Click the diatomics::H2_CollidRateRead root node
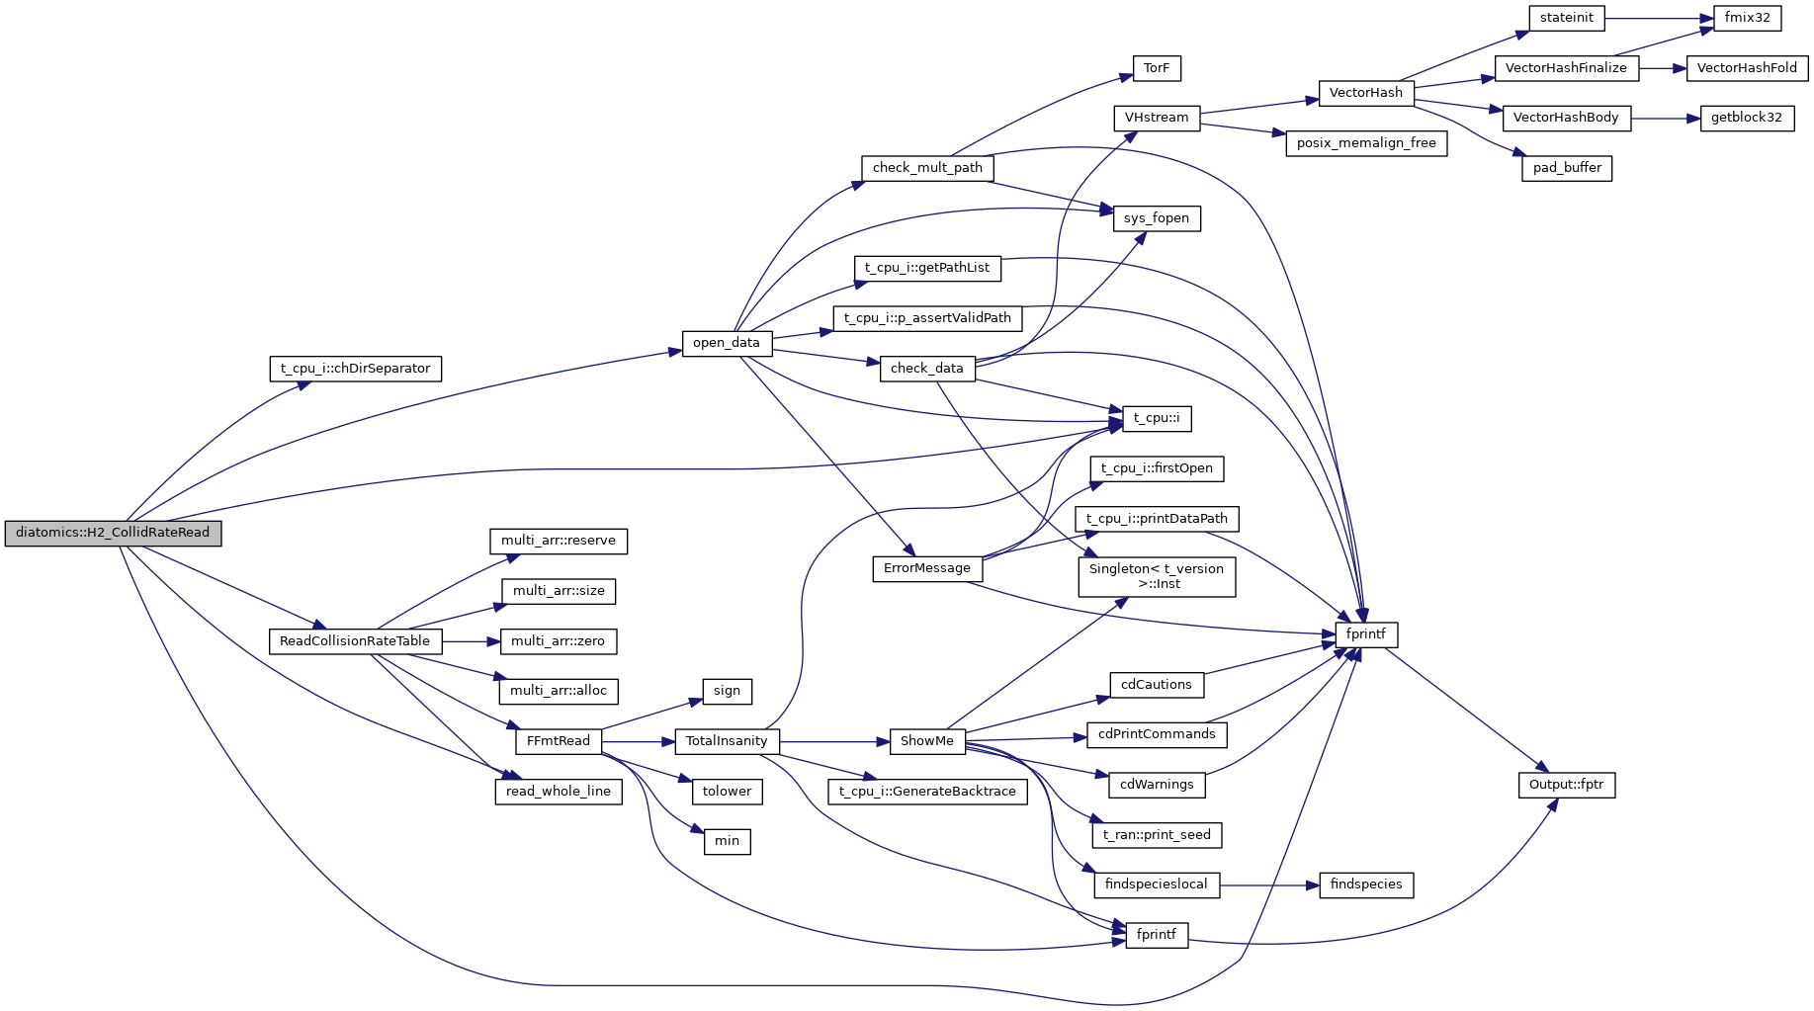[x=113, y=533]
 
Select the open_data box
[x=726, y=343]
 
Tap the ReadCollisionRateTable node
[x=355, y=641]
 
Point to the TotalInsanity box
[x=727, y=741]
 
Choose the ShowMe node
[x=927, y=741]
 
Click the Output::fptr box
[x=1566, y=786]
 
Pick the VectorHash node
[x=1365, y=93]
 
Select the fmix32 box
[x=1747, y=18]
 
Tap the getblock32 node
[x=1746, y=118]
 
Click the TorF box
[x=1157, y=68]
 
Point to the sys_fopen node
[x=1157, y=218]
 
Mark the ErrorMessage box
[x=927, y=568]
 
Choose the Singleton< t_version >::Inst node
[x=1157, y=576]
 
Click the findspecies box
[x=1366, y=885]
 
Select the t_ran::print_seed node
[x=1157, y=835]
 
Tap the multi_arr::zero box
[x=558, y=641]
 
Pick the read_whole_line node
[x=558, y=792]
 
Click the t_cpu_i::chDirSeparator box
[x=355, y=369]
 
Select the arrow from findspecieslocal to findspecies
[x=1269, y=885]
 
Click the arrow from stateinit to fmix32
[x=1652, y=18]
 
